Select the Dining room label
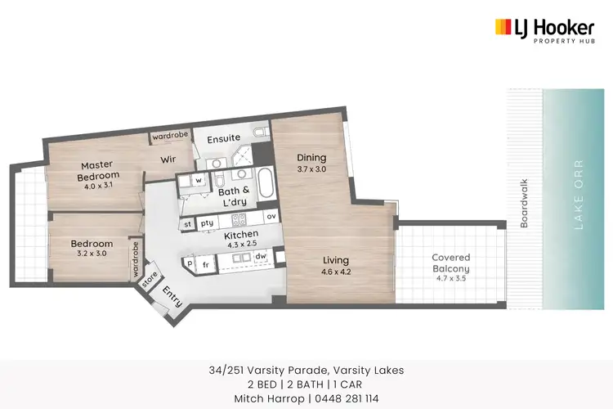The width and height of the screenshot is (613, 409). pos(311,158)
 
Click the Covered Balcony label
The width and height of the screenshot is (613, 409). pos(451,263)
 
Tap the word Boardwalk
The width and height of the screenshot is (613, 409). pos(525,203)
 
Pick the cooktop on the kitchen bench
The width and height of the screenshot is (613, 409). pos(239,220)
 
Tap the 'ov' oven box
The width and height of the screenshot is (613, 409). pos(271,216)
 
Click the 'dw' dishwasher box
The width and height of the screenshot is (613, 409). pos(260,257)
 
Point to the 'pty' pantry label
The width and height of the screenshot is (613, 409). pos(208,222)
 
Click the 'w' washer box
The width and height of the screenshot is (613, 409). pos(198,180)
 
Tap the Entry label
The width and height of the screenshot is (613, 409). pos(172,294)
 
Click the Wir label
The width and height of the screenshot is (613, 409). pos(168,160)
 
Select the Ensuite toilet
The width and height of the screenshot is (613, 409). pos(260,132)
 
